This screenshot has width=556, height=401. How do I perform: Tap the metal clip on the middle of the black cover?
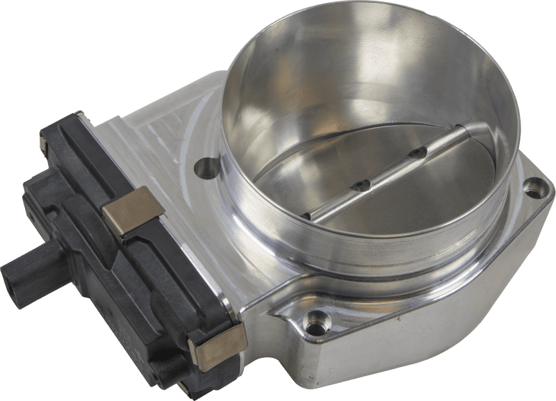tap(133, 211)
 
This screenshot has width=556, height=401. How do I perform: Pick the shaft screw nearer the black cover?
tap(360, 185)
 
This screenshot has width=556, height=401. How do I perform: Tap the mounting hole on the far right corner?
tap(532, 186)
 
